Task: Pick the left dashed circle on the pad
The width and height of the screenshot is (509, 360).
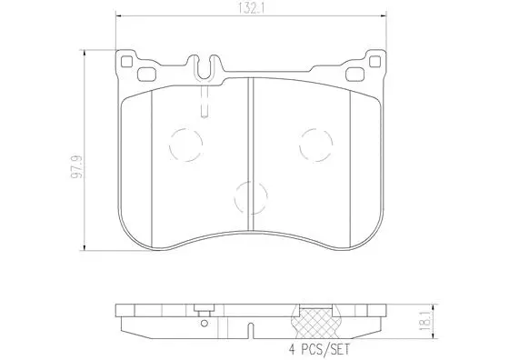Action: (x=187, y=142)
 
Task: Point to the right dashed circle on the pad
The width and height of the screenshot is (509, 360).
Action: (x=314, y=142)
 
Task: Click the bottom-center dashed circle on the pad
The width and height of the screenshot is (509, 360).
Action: (x=251, y=194)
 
